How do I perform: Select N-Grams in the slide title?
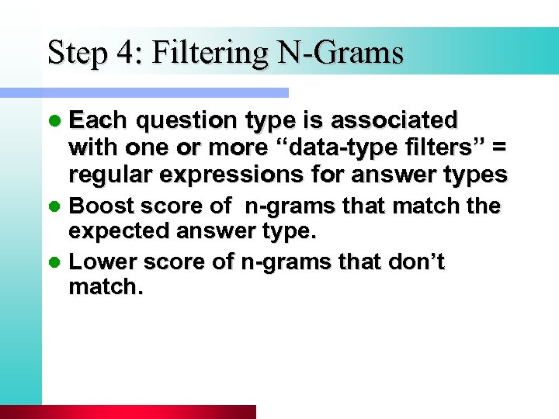click(341, 53)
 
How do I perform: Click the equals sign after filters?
click(497, 147)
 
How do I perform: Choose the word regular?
click(112, 175)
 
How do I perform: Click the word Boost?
click(99, 206)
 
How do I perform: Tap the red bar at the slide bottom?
click(128, 412)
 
